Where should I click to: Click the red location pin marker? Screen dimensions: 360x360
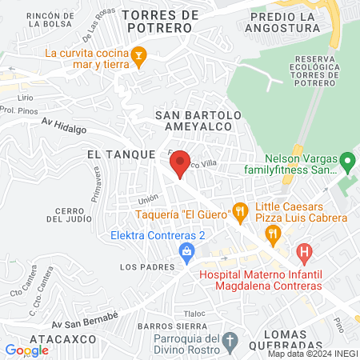[x=181, y=162]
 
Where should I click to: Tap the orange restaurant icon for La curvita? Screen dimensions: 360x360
[x=139, y=54]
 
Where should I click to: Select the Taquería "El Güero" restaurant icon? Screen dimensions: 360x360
[x=239, y=212]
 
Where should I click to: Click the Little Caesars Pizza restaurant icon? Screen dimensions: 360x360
[x=273, y=233]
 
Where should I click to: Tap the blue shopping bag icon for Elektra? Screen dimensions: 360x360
[x=186, y=251]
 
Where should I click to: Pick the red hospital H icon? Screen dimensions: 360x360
[x=304, y=254]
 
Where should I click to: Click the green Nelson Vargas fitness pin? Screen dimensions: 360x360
[x=347, y=163]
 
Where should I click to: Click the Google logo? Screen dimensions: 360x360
[x=26, y=350]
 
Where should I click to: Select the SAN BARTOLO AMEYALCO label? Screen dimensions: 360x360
[x=198, y=122]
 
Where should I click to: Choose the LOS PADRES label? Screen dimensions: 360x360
[x=141, y=266]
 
